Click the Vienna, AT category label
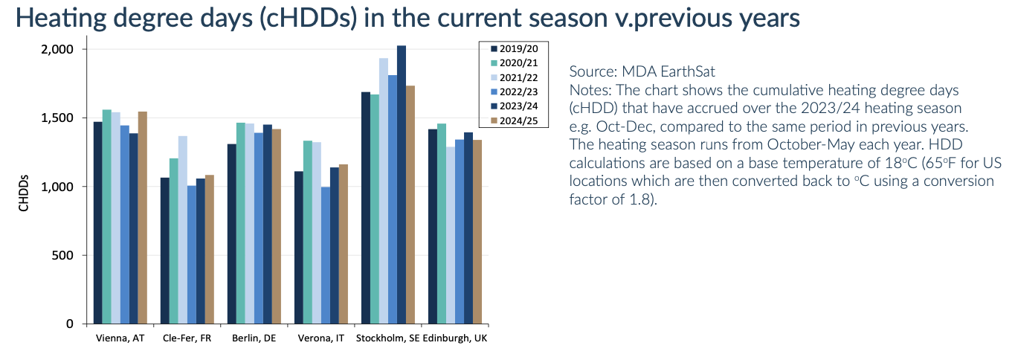(x=119, y=338)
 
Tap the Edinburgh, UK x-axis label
(x=456, y=338)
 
